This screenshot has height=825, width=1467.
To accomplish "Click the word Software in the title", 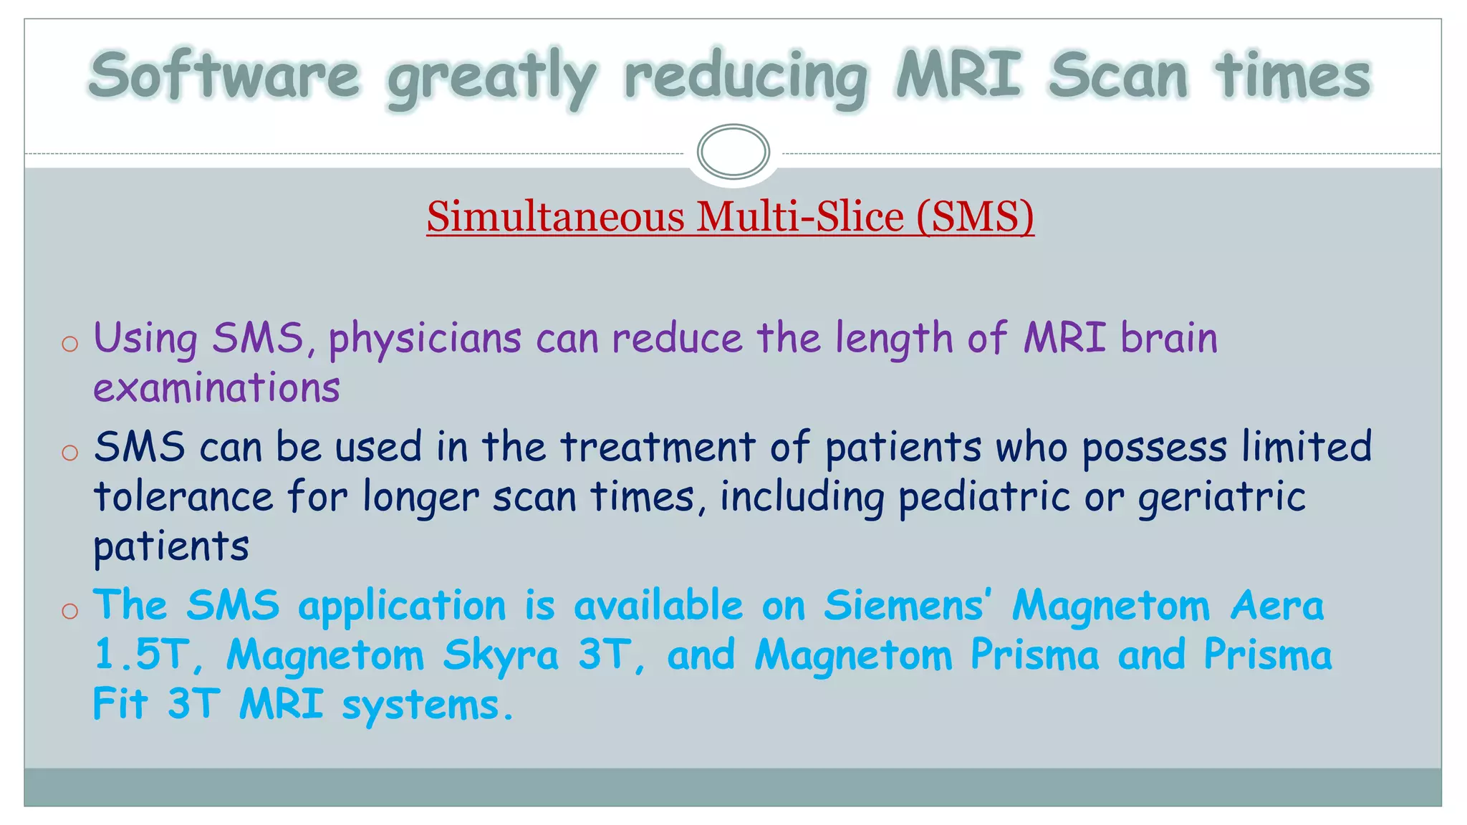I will [224, 76].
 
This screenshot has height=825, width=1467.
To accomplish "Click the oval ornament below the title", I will [733, 151].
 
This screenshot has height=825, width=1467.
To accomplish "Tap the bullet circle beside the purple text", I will [69, 344].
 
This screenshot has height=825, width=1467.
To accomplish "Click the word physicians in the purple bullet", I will [425, 339].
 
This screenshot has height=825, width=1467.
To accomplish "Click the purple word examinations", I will [216, 388].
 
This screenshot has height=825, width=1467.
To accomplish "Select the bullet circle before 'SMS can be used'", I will [69, 453].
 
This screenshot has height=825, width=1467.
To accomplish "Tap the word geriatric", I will [1222, 497].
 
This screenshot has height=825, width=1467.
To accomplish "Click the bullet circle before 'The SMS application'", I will [69, 611].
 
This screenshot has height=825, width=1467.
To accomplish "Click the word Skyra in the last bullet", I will [500, 655].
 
